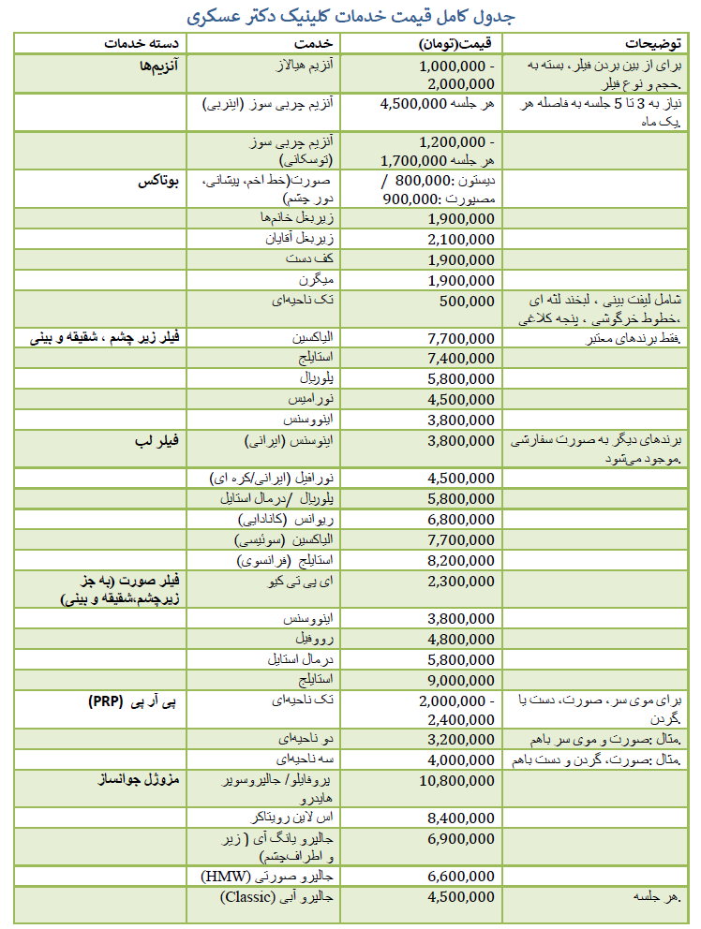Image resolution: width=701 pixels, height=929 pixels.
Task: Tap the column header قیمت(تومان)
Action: click(457, 43)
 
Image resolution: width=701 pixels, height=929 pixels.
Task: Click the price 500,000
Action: click(467, 301)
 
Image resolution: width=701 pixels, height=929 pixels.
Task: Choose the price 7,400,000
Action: click(460, 359)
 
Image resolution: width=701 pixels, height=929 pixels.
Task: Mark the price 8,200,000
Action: click(460, 560)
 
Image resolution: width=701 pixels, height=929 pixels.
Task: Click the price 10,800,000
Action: click(456, 779)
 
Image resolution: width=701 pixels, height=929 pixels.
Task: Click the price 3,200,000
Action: click(460, 738)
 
